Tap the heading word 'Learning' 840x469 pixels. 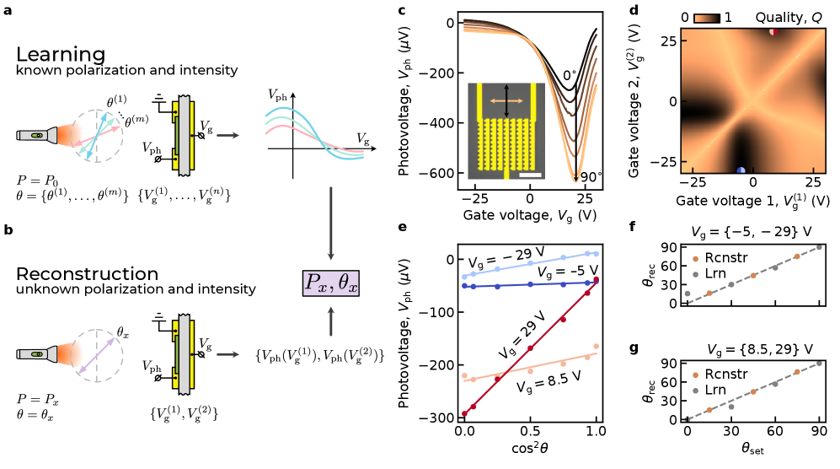tap(60, 54)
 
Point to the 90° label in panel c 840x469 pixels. tap(591, 177)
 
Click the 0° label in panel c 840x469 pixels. tap(570, 75)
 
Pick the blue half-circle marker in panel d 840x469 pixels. tap(741, 170)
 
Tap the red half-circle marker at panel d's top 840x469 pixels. tap(773, 31)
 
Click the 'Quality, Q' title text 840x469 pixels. tap(784, 17)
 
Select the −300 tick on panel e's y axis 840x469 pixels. tap(438, 418)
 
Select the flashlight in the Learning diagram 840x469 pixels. tap(38, 135)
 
